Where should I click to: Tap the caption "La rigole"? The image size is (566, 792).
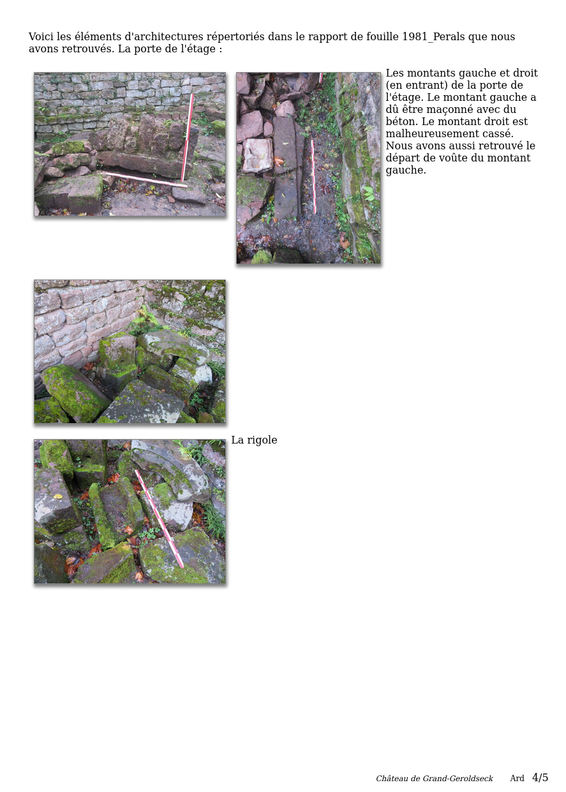click(x=254, y=440)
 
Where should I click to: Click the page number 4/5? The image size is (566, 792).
click(x=540, y=777)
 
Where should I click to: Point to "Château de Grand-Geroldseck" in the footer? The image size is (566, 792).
click(x=434, y=778)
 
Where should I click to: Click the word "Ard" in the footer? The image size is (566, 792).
click(x=517, y=778)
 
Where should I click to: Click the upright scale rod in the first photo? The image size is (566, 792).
click(x=188, y=137)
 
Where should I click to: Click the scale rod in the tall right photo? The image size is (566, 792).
click(x=313, y=176)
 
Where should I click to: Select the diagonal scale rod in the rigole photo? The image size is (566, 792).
click(x=159, y=519)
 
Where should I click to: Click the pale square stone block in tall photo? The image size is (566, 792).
click(x=258, y=155)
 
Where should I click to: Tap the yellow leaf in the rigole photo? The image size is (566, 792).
click(x=58, y=497)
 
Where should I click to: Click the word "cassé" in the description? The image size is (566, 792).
click(x=498, y=133)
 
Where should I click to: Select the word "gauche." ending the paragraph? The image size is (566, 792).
click(x=406, y=170)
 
